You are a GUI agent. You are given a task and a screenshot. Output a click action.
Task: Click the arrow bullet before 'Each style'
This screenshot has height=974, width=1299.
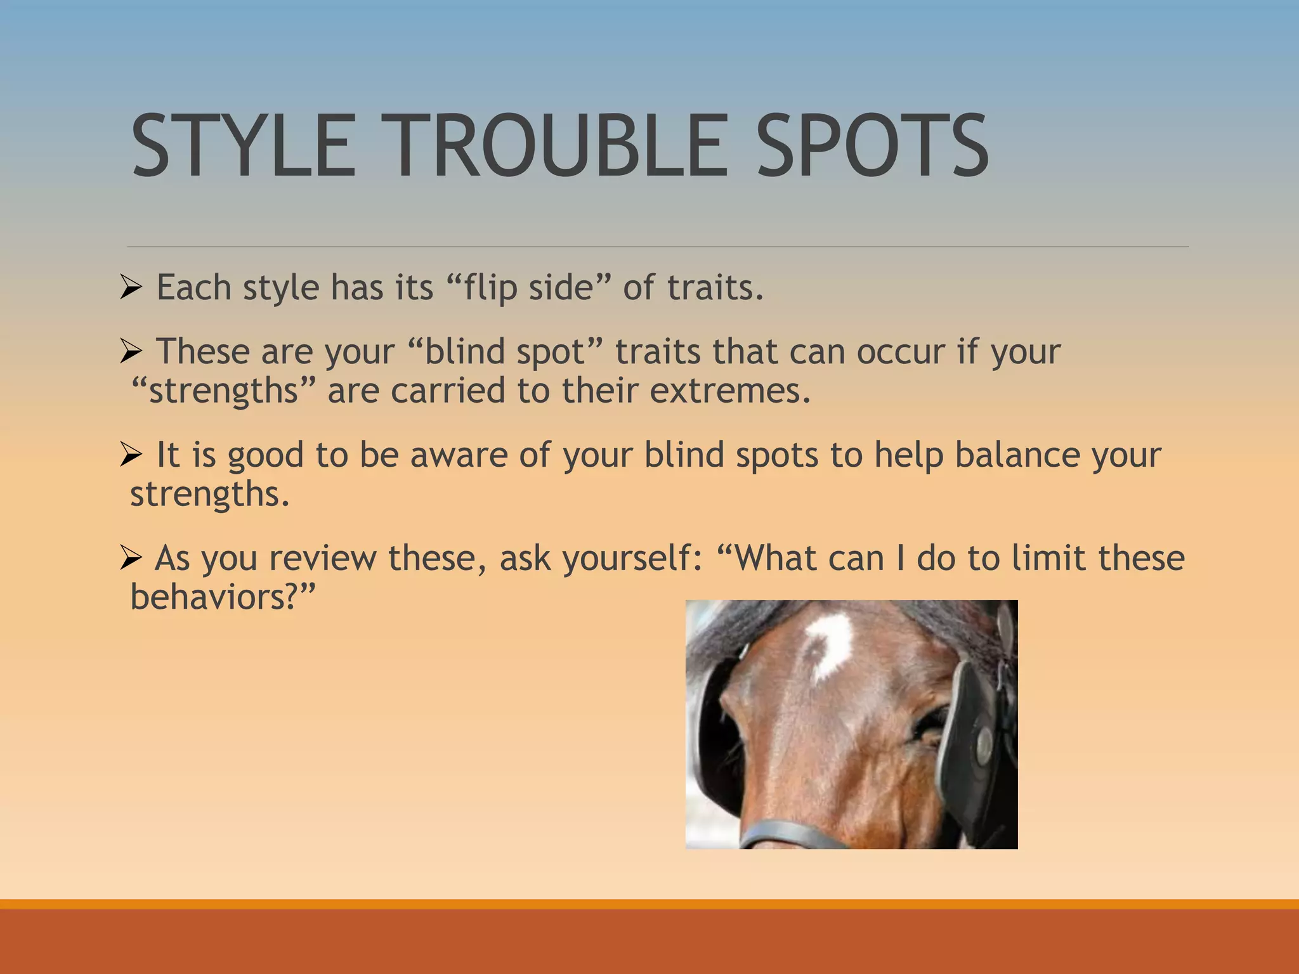[x=131, y=288]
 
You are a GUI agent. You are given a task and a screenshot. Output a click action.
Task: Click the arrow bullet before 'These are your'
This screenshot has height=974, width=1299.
[x=131, y=351]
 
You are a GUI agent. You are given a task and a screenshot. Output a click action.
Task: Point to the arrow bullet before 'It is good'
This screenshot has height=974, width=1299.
[x=131, y=455]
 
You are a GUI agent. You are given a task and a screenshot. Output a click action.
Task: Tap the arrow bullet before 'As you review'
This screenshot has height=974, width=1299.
[x=131, y=558]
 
